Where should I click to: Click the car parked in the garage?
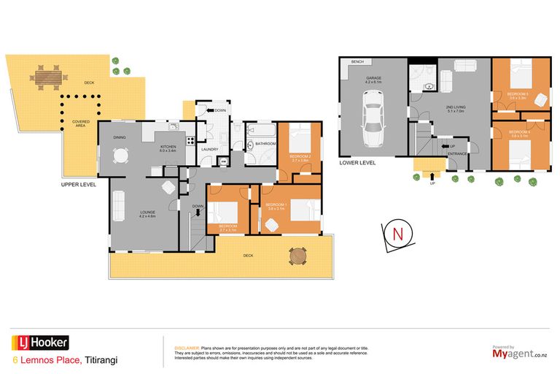(374, 125)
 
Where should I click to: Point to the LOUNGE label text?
(148, 213)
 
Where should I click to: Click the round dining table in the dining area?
(120, 156)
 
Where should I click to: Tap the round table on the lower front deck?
(297, 256)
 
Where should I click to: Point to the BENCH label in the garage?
(357, 62)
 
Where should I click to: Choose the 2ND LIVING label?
(456, 107)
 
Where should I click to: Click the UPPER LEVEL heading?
(79, 185)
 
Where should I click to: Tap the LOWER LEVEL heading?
(357, 163)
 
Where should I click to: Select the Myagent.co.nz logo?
(511, 354)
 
